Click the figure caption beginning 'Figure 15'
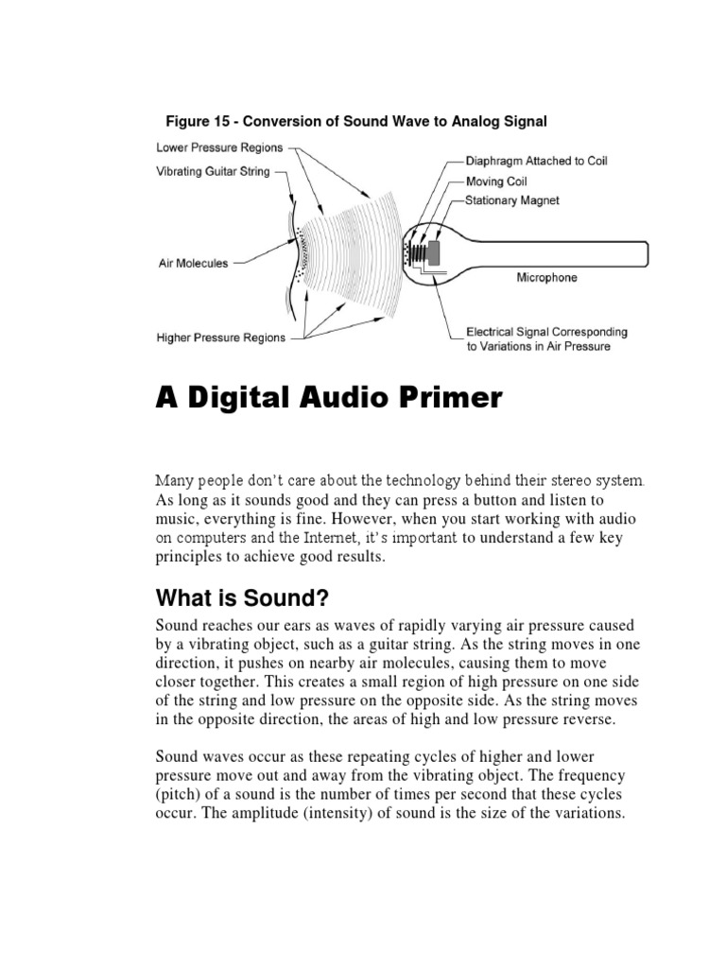coord(356,121)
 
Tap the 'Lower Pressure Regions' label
coord(216,148)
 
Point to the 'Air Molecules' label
coord(192,264)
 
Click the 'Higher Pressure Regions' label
coord(220,337)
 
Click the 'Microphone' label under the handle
coord(545,278)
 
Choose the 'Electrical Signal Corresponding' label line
coord(546,332)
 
